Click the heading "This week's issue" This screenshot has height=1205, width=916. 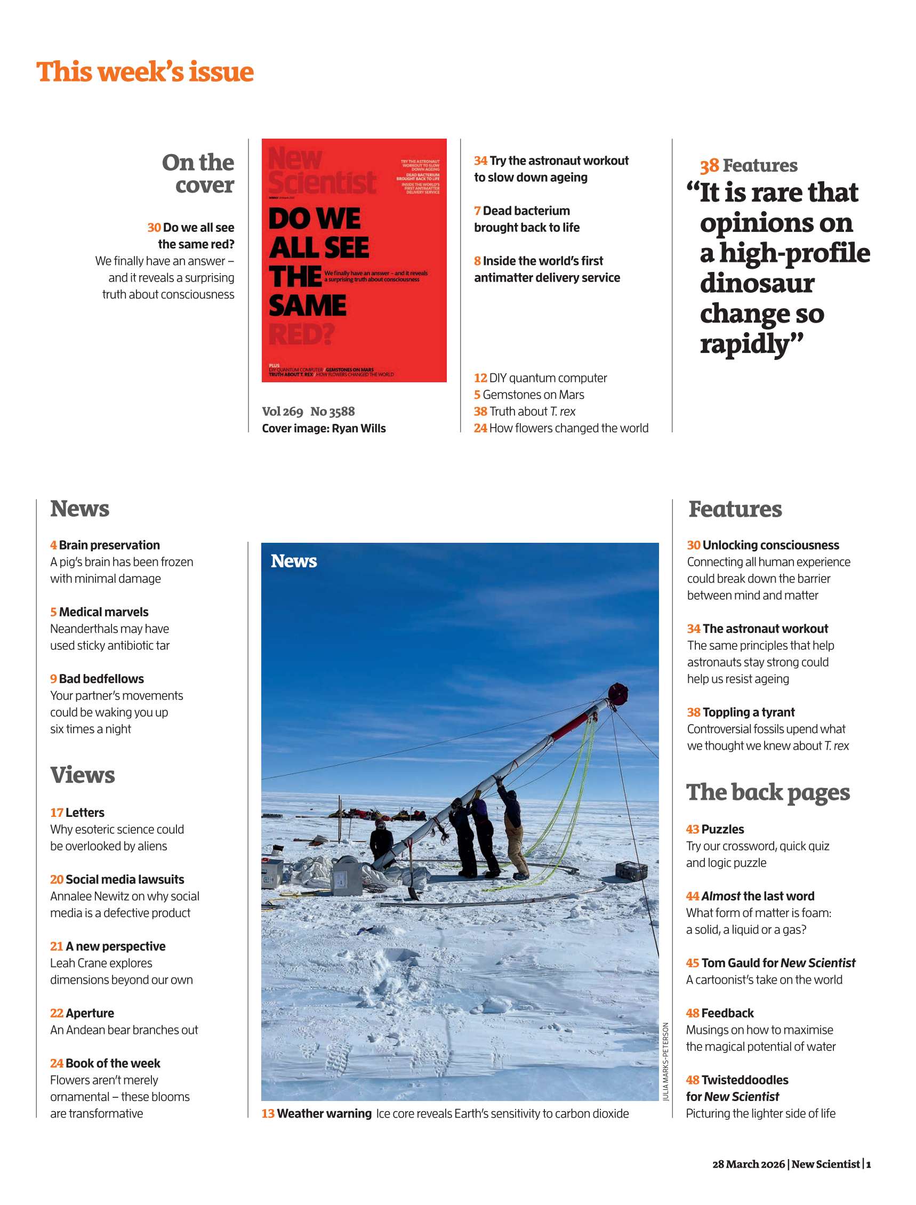coord(144,72)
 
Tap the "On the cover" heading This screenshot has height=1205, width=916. coord(198,173)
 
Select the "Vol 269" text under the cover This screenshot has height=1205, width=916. coord(282,411)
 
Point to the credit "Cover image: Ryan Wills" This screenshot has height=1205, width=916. coord(323,428)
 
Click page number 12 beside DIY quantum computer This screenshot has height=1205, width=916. coord(480,378)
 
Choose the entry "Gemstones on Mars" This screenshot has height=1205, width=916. coord(533,395)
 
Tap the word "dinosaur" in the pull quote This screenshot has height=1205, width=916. coord(757,283)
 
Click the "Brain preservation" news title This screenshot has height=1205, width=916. coord(109,545)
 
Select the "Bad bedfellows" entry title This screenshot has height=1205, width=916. coord(101,679)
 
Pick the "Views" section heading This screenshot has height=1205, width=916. coord(83,775)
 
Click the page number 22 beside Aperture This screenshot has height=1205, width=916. coord(57,1013)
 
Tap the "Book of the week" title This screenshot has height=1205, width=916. coord(113,1063)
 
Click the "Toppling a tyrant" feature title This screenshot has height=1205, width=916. coord(748,712)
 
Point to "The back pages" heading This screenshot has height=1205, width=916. coord(768,792)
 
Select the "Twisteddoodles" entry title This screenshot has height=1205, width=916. coord(744,1080)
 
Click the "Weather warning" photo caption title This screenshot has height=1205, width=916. coord(324,1113)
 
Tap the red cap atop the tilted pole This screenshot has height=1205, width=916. coord(618,693)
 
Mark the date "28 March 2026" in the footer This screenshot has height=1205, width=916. coord(749,1163)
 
